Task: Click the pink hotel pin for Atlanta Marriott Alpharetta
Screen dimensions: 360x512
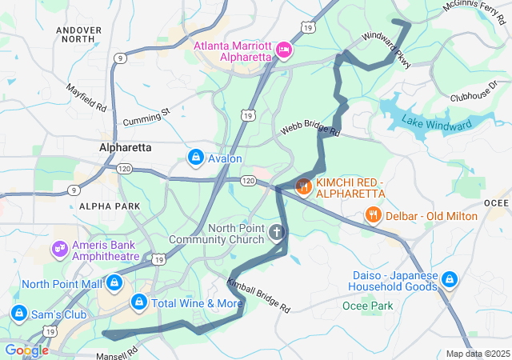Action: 282,51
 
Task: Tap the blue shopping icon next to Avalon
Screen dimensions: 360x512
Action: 195,158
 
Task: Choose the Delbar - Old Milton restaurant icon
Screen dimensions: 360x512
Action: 373,215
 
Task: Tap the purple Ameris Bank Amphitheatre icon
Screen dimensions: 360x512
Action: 59,250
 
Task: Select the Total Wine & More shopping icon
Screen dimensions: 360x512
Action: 138,303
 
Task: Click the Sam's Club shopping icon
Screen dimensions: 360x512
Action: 19,314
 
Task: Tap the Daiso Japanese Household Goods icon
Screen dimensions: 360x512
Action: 450,280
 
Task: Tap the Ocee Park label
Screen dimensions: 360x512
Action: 368,306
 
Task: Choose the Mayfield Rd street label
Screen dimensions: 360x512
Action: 86,98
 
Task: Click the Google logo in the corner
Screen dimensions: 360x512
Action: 26,350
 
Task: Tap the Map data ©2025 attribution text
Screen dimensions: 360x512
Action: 477,354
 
